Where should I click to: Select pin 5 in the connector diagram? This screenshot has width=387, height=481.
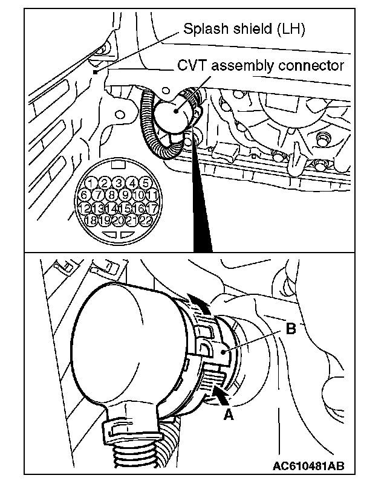point(145,182)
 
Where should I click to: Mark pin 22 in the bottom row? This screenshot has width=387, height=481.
point(146,221)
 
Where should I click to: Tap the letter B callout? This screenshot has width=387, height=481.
point(290,330)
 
